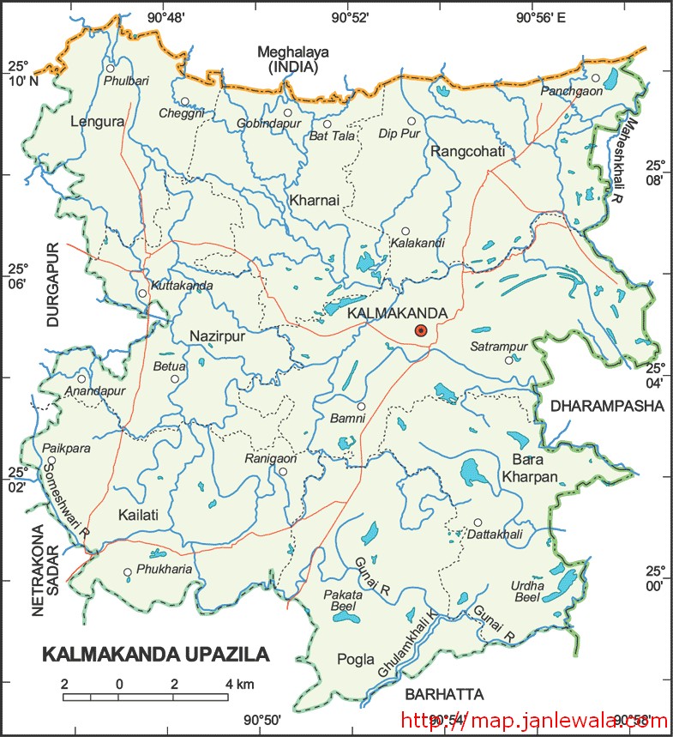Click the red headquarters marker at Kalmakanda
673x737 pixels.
[420, 330]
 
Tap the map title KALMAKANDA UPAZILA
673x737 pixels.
[155, 655]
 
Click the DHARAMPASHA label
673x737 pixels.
[607, 405]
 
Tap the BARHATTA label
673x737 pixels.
[445, 693]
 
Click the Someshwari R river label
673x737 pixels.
[64, 509]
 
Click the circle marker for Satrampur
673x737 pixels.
[508, 360]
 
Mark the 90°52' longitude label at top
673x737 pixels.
[352, 15]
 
